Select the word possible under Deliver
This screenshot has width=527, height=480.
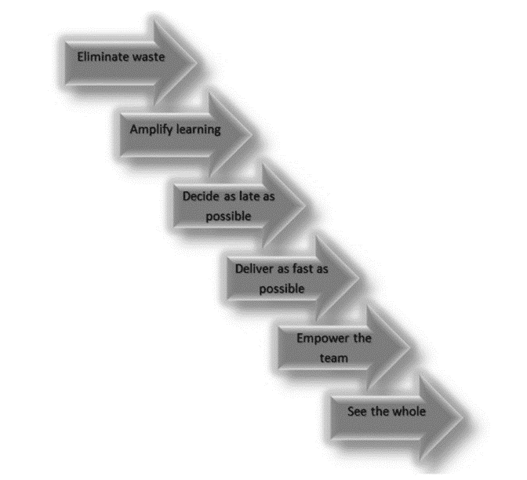[x=282, y=287]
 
